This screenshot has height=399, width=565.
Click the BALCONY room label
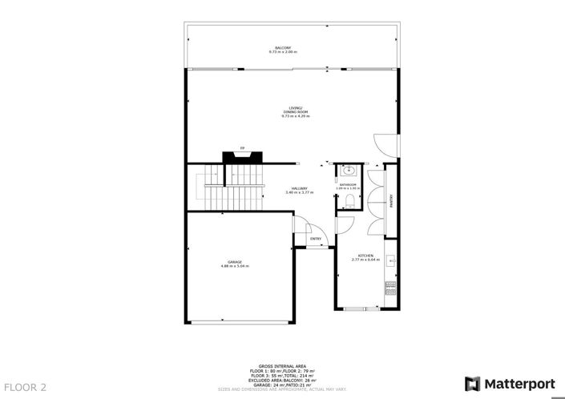(x=283, y=48)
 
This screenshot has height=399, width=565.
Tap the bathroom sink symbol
(x=348, y=171)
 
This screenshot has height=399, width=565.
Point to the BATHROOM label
(x=347, y=185)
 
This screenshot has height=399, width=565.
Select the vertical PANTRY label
(x=391, y=200)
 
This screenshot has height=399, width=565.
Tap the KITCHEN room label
(x=365, y=255)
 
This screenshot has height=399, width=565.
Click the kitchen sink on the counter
(x=390, y=260)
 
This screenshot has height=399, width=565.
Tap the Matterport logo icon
(x=473, y=383)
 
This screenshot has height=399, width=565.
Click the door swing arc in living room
(x=385, y=143)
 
